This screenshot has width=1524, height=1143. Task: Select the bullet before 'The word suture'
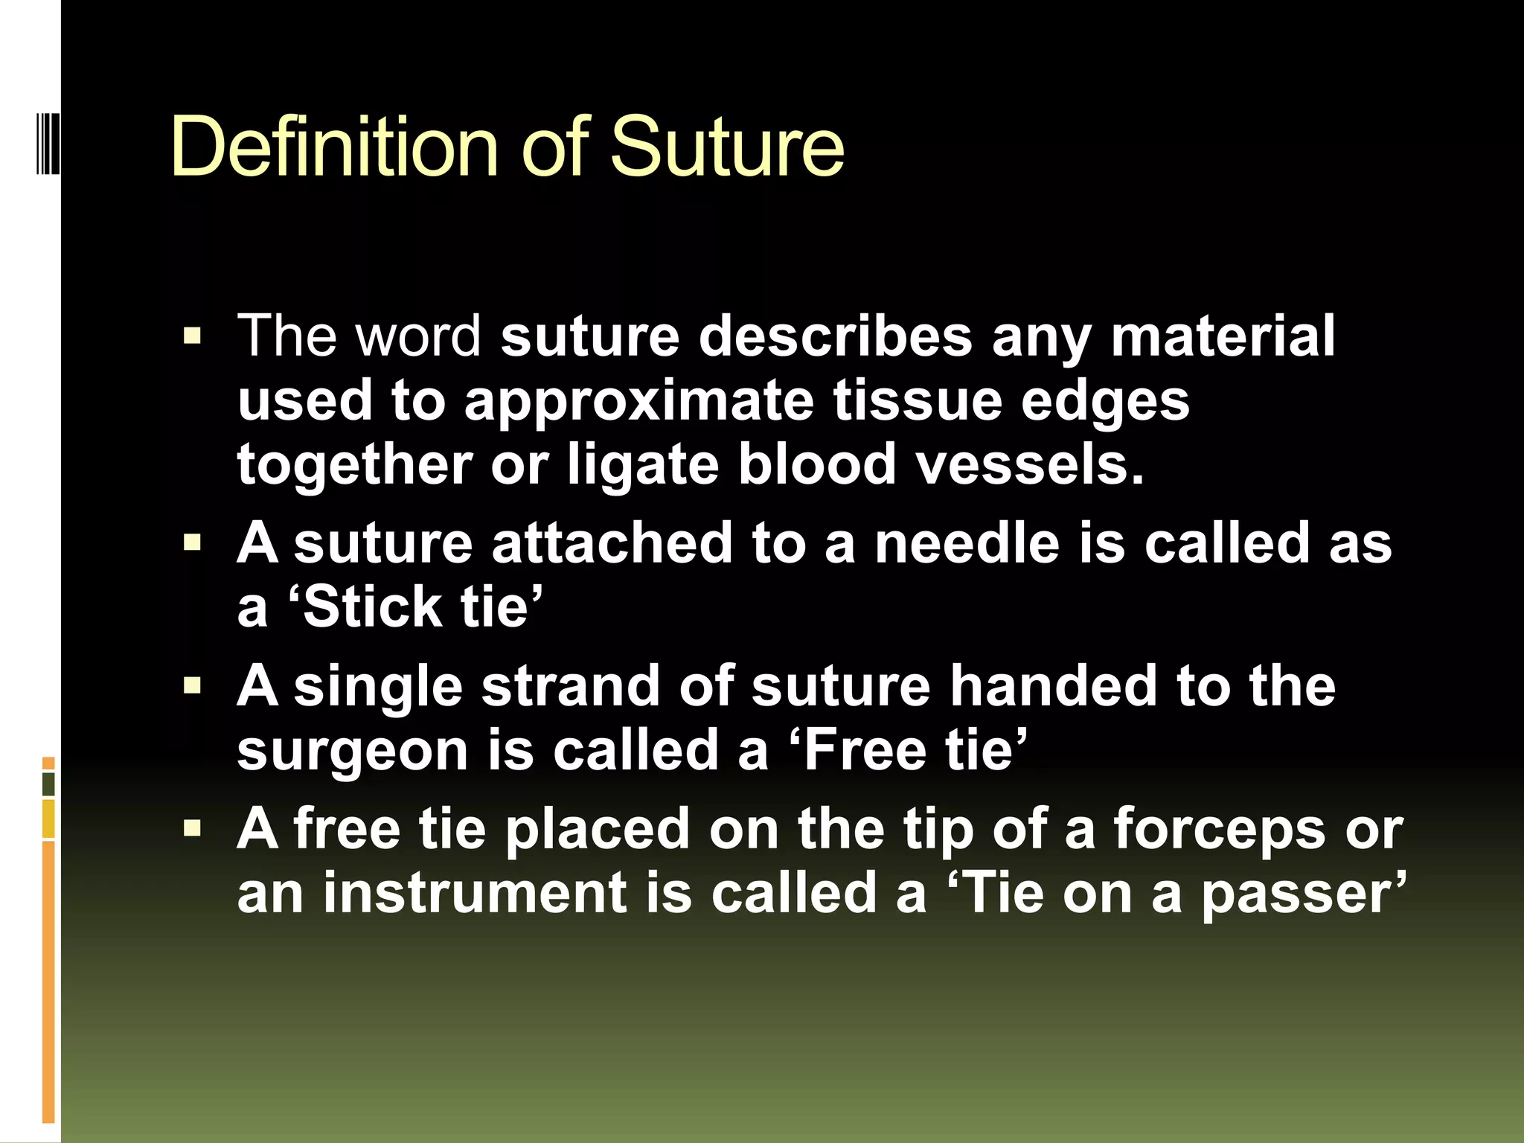click(x=192, y=336)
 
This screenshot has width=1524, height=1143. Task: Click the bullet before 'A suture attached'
click(x=192, y=543)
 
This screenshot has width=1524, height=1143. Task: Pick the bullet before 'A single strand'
click(x=192, y=686)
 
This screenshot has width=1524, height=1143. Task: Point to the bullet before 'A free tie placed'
click(x=192, y=829)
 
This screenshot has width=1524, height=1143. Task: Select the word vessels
click(x=1030, y=465)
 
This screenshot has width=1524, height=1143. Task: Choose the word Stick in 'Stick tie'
click(x=372, y=607)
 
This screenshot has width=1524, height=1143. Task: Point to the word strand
click(x=570, y=686)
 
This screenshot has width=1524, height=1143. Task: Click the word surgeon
click(x=351, y=750)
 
